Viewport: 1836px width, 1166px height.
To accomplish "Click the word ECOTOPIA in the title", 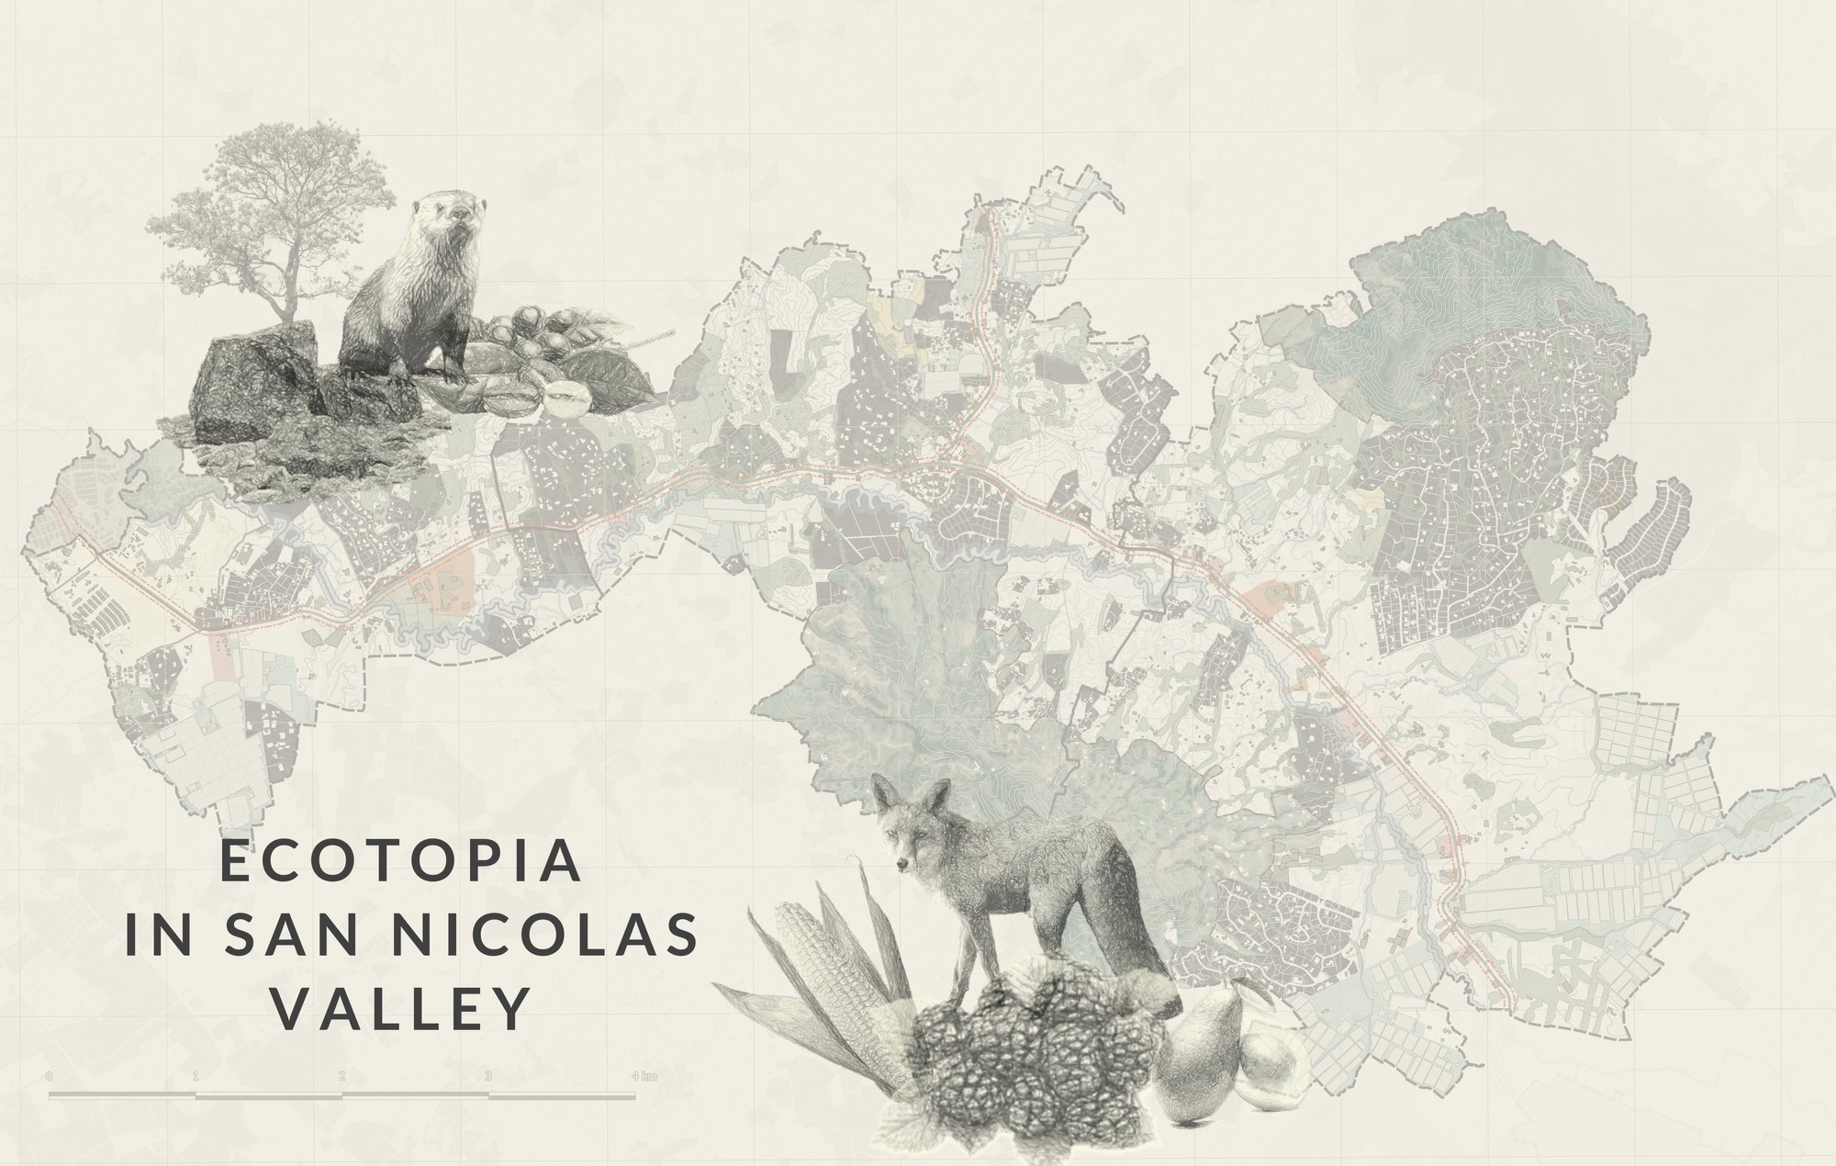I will coord(402,866).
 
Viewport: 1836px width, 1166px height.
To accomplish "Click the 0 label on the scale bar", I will coord(48,1075).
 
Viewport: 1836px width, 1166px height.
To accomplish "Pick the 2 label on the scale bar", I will coord(341,1075).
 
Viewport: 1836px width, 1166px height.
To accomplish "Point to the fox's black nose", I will coord(898,865).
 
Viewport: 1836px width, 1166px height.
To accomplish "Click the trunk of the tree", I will coord(292,275).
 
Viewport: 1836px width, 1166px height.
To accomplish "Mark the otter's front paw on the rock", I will coord(399,373).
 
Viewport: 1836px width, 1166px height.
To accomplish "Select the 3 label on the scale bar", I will coord(488,1075).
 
